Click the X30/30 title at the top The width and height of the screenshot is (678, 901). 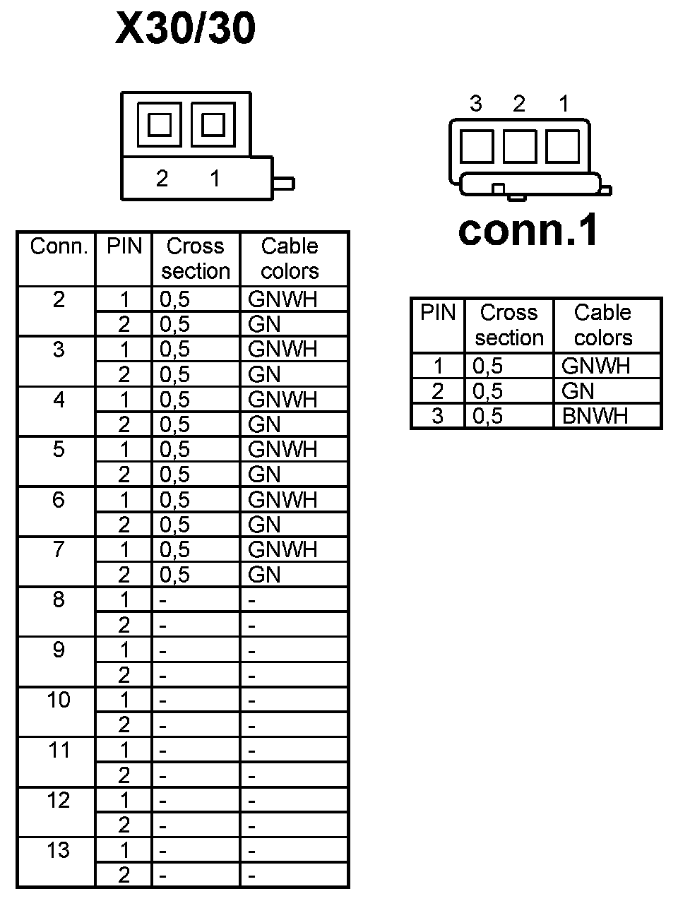click(x=185, y=30)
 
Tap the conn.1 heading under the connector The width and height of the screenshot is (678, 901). click(x=528, y=229)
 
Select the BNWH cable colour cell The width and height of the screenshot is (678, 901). click(x=595, y=416)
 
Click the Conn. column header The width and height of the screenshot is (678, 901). click(x=59, y=246)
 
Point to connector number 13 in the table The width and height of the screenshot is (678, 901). click(x=59, y=850)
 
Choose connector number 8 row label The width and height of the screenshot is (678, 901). click(x=59, y=599)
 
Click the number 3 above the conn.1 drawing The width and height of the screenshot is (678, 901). click(x=476, y=104)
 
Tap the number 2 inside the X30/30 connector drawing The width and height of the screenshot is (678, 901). click(x=162, y=179)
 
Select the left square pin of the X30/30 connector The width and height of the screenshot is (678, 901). click(x=160, y=125)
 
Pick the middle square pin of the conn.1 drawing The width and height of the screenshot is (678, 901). click(x=520, y=146)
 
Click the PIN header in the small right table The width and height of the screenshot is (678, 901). click(x=438, y=312)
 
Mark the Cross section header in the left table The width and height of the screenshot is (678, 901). click(x=196, y=258)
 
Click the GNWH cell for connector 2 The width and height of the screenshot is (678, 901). click(x=282, y=299)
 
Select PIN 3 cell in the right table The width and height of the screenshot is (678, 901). click(x=438, y=416)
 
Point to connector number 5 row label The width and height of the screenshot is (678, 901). click(x=59, y=449)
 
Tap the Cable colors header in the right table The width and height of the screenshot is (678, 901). click(x=602, y=325)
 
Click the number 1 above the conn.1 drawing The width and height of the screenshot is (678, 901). click(x=564, y=104)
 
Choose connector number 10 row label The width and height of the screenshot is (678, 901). click(x=59, y=700)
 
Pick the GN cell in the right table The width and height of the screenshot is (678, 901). click(x=578, y=390)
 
